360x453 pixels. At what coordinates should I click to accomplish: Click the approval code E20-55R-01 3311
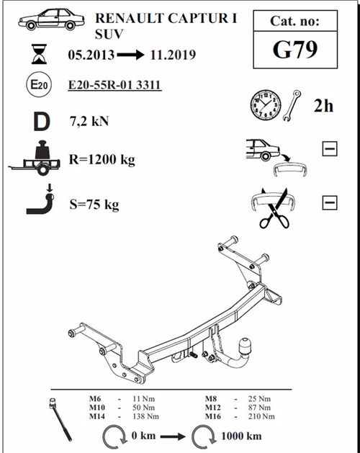tap(114, 86)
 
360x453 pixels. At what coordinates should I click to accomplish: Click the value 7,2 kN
tap(91, 121)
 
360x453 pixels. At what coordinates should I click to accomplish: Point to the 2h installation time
tap(323, 107)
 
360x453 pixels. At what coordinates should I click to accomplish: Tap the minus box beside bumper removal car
tap(330, 149)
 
